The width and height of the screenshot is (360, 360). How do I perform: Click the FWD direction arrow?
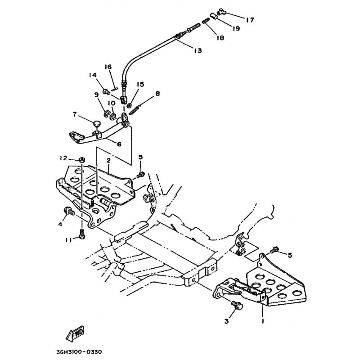tap(75, 333)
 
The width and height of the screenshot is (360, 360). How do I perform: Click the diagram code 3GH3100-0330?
tap(79, 352)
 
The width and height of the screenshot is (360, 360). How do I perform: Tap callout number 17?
tap(250, 20)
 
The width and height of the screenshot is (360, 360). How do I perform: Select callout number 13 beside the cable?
tap(198, 50)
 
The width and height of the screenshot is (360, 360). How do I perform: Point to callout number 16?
tap(108, 67)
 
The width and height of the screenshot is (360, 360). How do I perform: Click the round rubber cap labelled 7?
tap(97, 123)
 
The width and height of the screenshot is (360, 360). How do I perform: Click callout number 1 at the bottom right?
tap(263, 321)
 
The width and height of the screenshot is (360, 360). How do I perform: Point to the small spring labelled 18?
tap(206, 21)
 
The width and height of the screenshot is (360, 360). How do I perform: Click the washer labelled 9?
tap(107, 113)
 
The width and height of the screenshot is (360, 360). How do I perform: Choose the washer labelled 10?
tap(113, 117)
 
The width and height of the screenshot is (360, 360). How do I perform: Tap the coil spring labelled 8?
tap(135, 109)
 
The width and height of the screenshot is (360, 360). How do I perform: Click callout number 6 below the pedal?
tap(119, 144)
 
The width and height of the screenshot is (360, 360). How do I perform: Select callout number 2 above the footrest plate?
tap(108, 161)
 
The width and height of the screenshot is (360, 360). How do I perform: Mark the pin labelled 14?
tap(106, 92)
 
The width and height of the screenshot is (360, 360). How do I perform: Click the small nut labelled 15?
tap(129, 106)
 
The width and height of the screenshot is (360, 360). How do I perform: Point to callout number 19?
tap(235, 28)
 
